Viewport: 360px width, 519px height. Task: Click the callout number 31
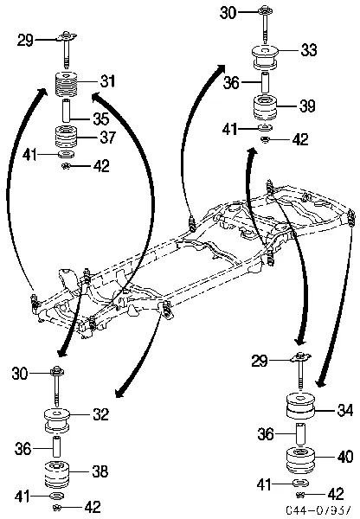[x=107, y=81]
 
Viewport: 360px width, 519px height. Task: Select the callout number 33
[x=309, y=53]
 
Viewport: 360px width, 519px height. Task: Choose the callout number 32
[x=100, y=414]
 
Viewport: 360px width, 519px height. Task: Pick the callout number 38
[x=100, y=471]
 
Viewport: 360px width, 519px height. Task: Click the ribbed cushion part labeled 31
[x=67, y=87]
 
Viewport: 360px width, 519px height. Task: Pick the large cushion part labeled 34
[x=299, y=407]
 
